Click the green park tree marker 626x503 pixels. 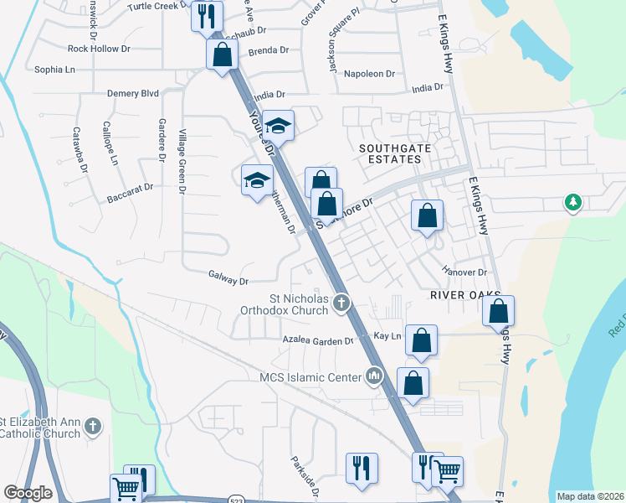point(572,203)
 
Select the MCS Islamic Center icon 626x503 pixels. point(374,376)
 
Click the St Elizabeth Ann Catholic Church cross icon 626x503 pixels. point(93,427)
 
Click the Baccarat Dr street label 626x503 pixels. point(131,193)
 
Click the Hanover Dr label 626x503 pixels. point(464,272)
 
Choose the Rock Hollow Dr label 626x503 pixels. point(99,49)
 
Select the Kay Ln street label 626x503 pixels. point(387,335)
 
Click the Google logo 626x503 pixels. point(28,493)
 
